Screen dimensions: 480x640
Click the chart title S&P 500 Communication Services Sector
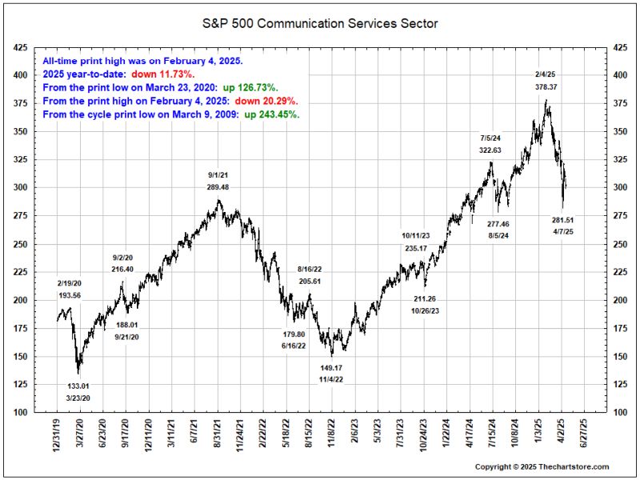[x=319, y=23]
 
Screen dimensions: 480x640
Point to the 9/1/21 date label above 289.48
[x=218, y=174]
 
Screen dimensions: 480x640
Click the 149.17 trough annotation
[x=331, y=368]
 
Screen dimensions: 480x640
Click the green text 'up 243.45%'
[x=272, y=114]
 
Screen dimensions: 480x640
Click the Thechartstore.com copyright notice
[x=542, y=466]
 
